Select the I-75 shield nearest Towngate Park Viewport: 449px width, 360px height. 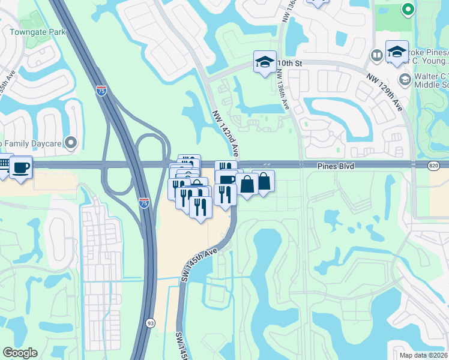click(x=101, y=91)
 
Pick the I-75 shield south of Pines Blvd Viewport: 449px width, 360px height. click(x=144, y=203)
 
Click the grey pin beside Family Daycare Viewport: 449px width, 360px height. click(x=71, y=142)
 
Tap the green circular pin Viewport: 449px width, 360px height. click(x=408, y=9)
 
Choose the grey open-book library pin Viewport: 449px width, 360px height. click(x=377, y=56)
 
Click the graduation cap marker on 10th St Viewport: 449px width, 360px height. click(x=264, y=62)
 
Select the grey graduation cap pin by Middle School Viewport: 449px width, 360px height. click(x=405, y=79)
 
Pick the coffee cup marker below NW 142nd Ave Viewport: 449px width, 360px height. click(x=226, y=180)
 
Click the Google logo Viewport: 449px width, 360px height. click(x=20, y=353)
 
